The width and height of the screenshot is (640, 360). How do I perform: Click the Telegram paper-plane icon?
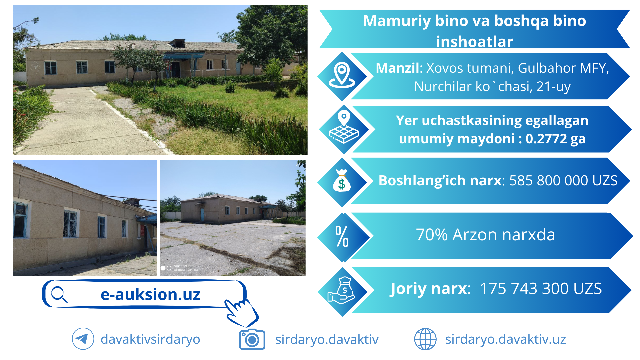(x=83, y=339)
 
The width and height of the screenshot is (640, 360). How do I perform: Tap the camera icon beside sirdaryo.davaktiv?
(x=252, y=339)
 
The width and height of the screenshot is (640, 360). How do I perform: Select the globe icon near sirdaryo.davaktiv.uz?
(x=425, y=339)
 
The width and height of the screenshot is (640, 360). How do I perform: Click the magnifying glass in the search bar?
(x=59, y=294)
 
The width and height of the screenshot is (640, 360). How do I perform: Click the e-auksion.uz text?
(x=150, y=294)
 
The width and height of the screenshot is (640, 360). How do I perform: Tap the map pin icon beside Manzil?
(x=342, y=75)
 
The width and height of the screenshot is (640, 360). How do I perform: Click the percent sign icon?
(x=342, y=236)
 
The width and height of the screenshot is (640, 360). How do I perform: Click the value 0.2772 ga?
(x=555, y=139)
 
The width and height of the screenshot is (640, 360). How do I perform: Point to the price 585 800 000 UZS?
(x=563, y=180)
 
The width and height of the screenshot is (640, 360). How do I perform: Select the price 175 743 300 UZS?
(x=541, y=288)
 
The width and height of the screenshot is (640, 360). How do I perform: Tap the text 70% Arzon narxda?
(x=485, y=235)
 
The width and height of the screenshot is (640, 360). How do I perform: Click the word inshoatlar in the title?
(x=474, y=42)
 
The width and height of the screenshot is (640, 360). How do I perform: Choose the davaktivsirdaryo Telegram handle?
(x=150, y=339)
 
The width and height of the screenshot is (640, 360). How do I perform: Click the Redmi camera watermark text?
(x=186, y=268)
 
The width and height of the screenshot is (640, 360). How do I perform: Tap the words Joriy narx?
(x=430, y=289)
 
